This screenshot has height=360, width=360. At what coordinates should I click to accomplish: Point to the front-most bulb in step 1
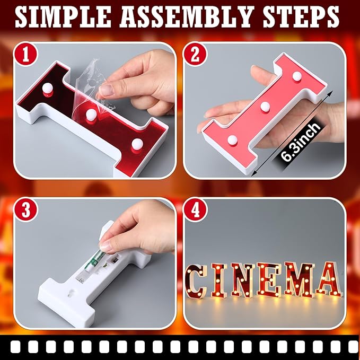pos(137,143)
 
